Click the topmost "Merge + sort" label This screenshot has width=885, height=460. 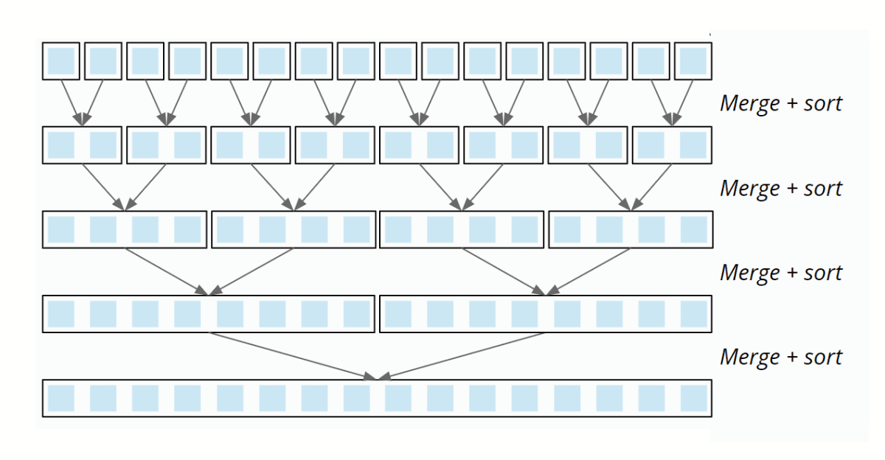780,103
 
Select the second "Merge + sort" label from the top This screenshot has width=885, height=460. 780,188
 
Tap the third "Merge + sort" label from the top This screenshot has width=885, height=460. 780,272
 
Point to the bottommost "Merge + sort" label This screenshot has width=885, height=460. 780,357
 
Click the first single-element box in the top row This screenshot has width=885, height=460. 61,60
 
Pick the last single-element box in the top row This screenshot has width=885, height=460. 693,60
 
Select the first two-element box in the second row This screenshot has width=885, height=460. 83,145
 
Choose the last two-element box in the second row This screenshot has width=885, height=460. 672,145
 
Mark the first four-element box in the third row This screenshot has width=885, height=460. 125,229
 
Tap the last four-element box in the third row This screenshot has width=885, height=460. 630,229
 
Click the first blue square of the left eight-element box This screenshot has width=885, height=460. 61,314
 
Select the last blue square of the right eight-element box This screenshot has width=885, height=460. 693,314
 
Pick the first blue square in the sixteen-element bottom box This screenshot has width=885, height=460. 61,398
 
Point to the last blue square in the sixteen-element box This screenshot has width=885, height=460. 693,398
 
